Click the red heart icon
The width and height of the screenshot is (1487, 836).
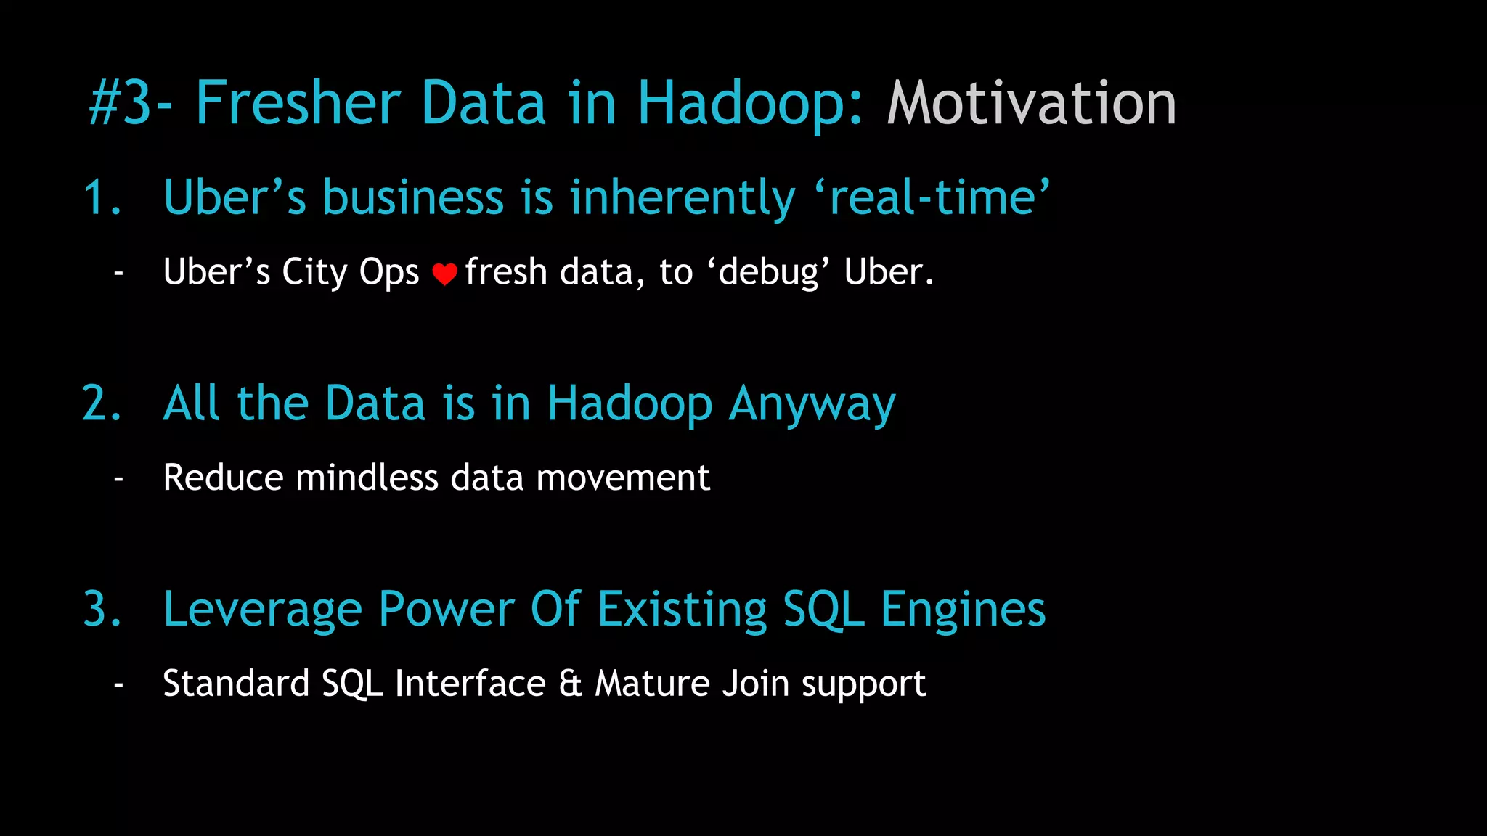(x=444, y=274)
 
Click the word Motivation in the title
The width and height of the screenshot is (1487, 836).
(x=1031, y=104)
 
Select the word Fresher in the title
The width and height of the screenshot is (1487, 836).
(x=298, y=104)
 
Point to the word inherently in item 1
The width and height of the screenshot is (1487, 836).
(x=683, y=198)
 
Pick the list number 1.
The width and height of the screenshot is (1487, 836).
(x=102, y=198)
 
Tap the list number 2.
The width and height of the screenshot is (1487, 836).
(x=102, y=403)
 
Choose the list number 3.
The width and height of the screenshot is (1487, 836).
(x=102, y=609)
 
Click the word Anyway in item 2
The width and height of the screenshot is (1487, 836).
(x=812, y=405)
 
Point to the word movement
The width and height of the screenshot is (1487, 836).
(x=623, y=478)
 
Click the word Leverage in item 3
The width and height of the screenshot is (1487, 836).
(x=262, y=610)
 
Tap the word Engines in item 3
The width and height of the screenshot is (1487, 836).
(x=963, y=610)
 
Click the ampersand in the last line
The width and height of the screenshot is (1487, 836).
(x=571, y=684)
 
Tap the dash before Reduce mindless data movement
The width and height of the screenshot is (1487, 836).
(x=118, y=479)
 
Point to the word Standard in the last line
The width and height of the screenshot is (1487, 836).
(x=236, y=684)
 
